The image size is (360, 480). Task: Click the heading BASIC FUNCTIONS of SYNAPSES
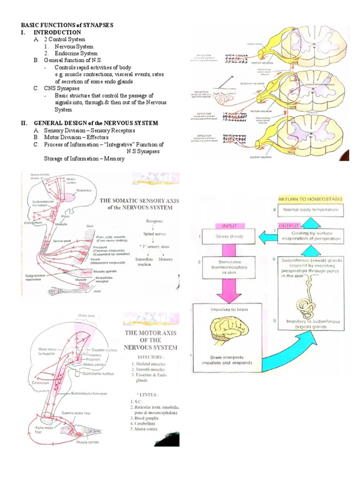point(67,24)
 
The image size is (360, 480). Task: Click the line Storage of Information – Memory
point(84,158)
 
